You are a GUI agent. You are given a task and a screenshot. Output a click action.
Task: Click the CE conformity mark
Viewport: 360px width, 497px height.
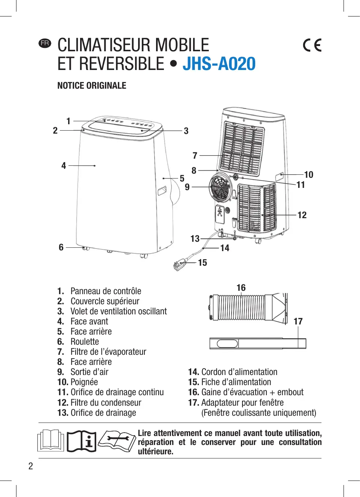312,45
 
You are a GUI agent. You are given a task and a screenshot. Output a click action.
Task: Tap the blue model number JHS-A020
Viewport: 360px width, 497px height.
219,64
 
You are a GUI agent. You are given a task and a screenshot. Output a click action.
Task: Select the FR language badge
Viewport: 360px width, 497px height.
45,43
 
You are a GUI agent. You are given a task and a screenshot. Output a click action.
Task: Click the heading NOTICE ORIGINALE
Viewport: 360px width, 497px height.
92,86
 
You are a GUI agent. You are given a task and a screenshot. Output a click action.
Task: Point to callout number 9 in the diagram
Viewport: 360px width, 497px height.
187,187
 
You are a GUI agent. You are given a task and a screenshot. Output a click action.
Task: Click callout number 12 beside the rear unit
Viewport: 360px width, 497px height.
302,215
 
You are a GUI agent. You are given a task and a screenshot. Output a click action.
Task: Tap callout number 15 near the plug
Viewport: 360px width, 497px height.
202,263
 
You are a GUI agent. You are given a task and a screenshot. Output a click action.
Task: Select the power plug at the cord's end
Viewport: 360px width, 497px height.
179,264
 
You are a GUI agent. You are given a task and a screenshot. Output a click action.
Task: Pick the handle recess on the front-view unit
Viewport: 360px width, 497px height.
162,191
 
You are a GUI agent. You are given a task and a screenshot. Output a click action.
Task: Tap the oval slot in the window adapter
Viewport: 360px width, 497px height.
227,343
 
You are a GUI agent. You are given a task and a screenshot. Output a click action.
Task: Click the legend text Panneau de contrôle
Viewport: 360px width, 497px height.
106,291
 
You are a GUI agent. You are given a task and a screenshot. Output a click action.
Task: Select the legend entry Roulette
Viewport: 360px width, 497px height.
85,342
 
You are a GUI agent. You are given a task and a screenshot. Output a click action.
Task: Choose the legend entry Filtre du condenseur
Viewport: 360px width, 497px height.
106,403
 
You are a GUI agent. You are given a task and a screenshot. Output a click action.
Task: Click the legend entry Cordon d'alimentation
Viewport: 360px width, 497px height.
239,372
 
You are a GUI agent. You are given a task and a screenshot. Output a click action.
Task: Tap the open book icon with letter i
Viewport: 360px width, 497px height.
82,441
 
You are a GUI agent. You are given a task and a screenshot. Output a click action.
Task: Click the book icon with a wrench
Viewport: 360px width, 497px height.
117,441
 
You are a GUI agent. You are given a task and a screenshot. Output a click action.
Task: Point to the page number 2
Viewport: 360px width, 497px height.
31,466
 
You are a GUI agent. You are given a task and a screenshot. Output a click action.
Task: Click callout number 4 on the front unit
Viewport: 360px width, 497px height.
64,166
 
